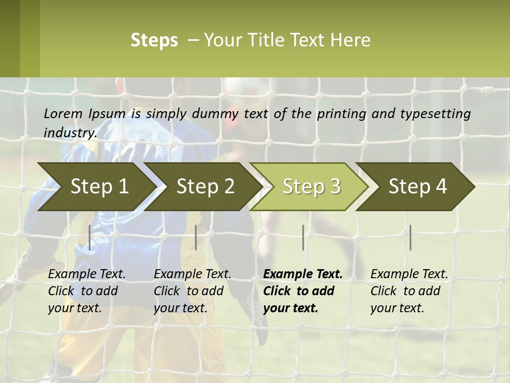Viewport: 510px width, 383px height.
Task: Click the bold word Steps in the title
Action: coord(154,40)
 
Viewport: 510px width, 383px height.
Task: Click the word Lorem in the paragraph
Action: coord(63,113)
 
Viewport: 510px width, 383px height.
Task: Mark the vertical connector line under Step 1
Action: coord(90,237)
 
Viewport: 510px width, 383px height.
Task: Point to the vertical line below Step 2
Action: coord(196,237)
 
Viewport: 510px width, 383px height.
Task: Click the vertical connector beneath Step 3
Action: coord(303,237)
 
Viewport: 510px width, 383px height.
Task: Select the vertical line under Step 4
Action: coord(411,237)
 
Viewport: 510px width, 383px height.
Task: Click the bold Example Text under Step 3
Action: coord(303,274)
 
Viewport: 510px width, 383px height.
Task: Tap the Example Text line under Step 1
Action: coord(87,274)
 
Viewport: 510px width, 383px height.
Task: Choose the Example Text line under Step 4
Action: coord(409,274)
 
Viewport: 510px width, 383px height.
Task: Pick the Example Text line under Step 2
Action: coord(192,274)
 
